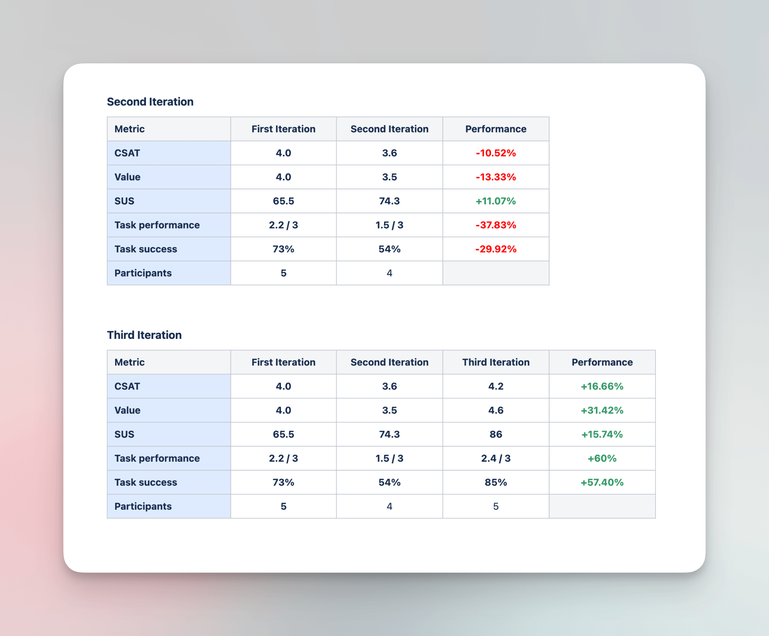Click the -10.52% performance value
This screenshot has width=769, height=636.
click(x=496, y=153)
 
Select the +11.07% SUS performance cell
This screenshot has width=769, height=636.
click(x=496, y=201)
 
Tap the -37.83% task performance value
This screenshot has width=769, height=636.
click(x=496, y=225)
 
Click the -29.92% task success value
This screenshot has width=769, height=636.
click(x=496, y=249)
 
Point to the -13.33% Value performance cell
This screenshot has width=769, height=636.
click(x=496, y=177)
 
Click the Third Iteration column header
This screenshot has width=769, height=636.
click(x=496, y=362)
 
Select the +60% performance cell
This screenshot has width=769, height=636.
click(x=602, y=458)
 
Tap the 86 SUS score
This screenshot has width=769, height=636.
click(x=496, y=434)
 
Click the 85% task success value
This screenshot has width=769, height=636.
click(x=496, y=482)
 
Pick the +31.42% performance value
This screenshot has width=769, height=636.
click(x=602, y=410)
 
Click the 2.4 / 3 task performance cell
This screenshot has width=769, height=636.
click(x=496, y=458)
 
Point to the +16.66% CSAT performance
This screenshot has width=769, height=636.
click(x=602, y=386)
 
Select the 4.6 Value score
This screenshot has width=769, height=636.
click(x=496, y=410)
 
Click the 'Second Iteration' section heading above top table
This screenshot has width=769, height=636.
click(x=150, y=102)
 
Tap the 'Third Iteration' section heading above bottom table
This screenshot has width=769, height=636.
click(x=144, y=335)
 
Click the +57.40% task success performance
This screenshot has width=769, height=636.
click(x=602, y=482)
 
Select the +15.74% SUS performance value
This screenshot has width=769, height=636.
click(x=602, y=434)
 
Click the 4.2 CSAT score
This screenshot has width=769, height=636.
click(x=496, y=386)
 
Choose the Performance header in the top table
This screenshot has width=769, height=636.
click(x=496, y=129)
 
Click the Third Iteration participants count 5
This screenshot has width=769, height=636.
click(x=496, y=506)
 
